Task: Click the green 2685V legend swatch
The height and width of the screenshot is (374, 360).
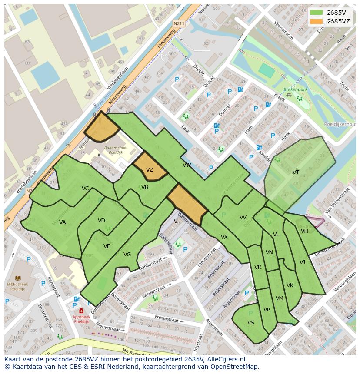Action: click(316, 13)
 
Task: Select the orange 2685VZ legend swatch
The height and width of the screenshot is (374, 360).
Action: click(316, 21)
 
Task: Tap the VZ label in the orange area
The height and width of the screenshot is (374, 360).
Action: click(149, 170)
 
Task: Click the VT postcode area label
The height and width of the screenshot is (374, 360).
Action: click(296, 172)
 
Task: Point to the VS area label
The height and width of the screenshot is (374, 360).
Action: click(251, 323)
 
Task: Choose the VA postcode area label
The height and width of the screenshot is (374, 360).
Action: click(63, 222)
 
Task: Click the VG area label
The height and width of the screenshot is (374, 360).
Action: click(127, 255)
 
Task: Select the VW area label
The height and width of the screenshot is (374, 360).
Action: click(187, 165)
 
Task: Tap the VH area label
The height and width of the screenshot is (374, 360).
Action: click(304, 231)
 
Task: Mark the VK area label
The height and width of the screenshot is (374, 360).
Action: click(290, 285)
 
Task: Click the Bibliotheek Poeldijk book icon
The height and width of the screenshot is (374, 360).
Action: click(18, 278)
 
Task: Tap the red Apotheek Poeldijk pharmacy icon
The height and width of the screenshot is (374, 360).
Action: click(81, 311)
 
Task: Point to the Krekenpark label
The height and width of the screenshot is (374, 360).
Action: click(293, 89)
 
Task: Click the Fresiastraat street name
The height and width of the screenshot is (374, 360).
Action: click(167, 319)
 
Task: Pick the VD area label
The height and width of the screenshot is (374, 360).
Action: click(101, 221)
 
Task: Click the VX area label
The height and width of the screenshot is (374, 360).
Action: click(224, 237)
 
